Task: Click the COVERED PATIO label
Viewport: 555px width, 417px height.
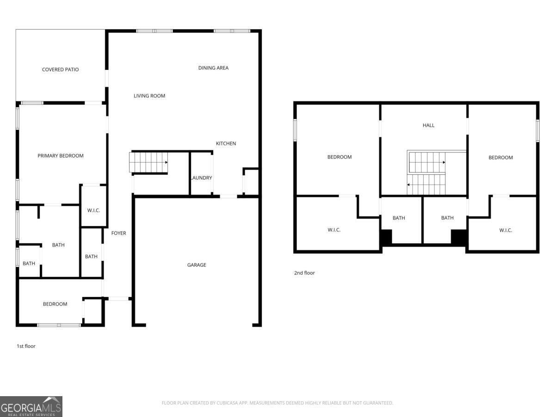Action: [x=60, y=69]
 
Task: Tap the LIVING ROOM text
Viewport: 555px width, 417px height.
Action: [x=149, y=96]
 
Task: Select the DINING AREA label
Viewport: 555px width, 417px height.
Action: [x=213, y=68]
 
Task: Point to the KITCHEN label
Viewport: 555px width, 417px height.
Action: [x=226, y=144]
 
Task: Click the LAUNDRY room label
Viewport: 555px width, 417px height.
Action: [x=201, y=178]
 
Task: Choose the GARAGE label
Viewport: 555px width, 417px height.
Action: [x=197, y=265]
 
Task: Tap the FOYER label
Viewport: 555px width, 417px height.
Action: [x=118, y=233]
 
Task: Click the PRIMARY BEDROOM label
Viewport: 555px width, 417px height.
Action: [x=61, y=156]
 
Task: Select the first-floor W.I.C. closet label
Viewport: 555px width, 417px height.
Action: [x=93, y=210]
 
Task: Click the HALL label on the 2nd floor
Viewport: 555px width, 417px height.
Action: [x=428, y=125]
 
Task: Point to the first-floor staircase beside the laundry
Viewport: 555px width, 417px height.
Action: [x=148, y=162]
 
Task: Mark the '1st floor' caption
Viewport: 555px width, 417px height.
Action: [x=26, y=346]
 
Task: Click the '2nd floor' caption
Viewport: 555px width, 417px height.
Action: [x=304, y=273]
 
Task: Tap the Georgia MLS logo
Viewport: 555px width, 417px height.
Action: [x=31, y=406]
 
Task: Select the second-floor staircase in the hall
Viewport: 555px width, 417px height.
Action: [x=426, y=173]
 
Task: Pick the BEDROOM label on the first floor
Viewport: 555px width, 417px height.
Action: [x=55, y=304]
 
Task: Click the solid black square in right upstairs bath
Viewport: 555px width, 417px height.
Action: [x=458, y=237]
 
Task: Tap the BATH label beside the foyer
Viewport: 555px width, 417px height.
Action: [x=91, y=257]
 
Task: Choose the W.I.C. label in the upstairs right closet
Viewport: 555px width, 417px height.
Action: [x=506, y=230]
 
